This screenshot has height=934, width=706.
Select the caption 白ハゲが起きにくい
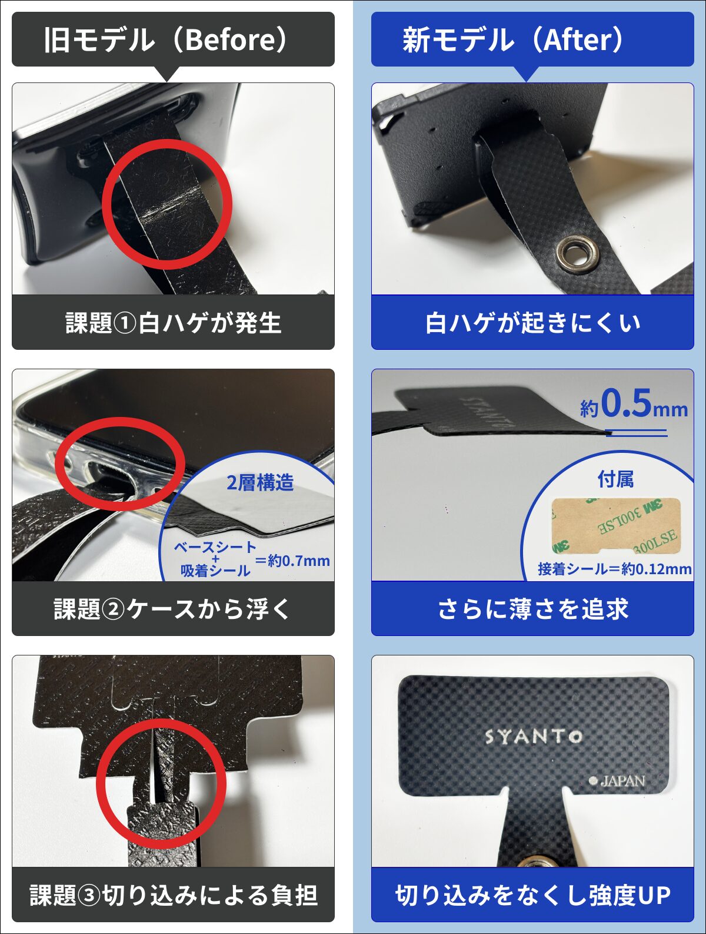[532, 323]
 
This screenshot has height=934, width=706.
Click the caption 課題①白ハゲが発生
[173, 323]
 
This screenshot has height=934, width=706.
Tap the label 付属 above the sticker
[615, 479]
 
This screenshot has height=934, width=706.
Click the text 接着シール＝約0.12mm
[614, 569]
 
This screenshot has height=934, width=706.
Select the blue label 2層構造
[260, 483]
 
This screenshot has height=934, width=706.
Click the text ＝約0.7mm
[292, 561]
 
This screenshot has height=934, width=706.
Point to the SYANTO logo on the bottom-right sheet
[533, 737]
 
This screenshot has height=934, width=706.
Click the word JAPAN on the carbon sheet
[622, 781]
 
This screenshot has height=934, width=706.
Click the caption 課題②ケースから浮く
[173, 609]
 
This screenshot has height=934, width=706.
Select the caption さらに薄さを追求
[532, 609]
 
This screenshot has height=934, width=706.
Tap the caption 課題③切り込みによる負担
[173, 895]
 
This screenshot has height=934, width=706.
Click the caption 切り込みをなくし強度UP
[532, 895]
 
